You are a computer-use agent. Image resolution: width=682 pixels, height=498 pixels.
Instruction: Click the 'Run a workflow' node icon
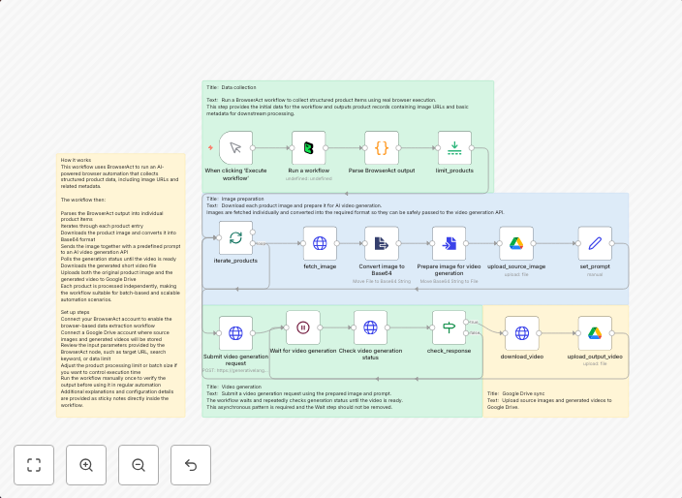point(309,148)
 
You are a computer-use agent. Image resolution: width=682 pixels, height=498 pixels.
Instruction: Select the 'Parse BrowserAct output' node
point(382,148)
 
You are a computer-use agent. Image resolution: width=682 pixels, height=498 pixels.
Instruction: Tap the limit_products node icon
point(454,148)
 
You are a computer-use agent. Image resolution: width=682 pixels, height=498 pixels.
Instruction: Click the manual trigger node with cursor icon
point(235,148)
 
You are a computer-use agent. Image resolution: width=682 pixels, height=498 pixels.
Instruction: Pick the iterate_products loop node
point(235,238)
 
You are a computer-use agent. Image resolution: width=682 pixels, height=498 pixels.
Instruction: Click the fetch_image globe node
point(320,243)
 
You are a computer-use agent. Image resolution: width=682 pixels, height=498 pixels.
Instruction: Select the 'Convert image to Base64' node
point(382,243)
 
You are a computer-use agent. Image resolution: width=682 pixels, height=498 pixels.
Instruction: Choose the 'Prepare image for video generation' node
point(449,243)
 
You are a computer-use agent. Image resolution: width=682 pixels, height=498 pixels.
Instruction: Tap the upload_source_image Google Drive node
point(516,243)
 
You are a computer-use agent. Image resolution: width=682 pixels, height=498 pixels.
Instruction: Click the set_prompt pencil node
point(595,243)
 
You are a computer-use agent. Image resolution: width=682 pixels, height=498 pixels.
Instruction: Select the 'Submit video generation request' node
point(235,332)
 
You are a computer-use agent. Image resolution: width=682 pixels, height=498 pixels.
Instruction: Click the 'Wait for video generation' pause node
point(302,327)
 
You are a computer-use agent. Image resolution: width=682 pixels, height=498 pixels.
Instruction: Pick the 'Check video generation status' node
point(370,327)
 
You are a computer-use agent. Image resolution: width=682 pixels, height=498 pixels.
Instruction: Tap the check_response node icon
point(449,327)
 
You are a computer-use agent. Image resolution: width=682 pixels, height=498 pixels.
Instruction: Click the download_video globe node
point(521,332)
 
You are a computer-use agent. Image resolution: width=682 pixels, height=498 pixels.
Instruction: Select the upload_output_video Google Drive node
point(595,332)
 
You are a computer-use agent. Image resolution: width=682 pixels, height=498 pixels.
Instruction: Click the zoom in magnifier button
point(86,465)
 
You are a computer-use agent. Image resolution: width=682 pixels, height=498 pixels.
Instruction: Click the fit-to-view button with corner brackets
point(34,465)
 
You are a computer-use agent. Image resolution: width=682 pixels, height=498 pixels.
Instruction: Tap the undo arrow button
point(191,465)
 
